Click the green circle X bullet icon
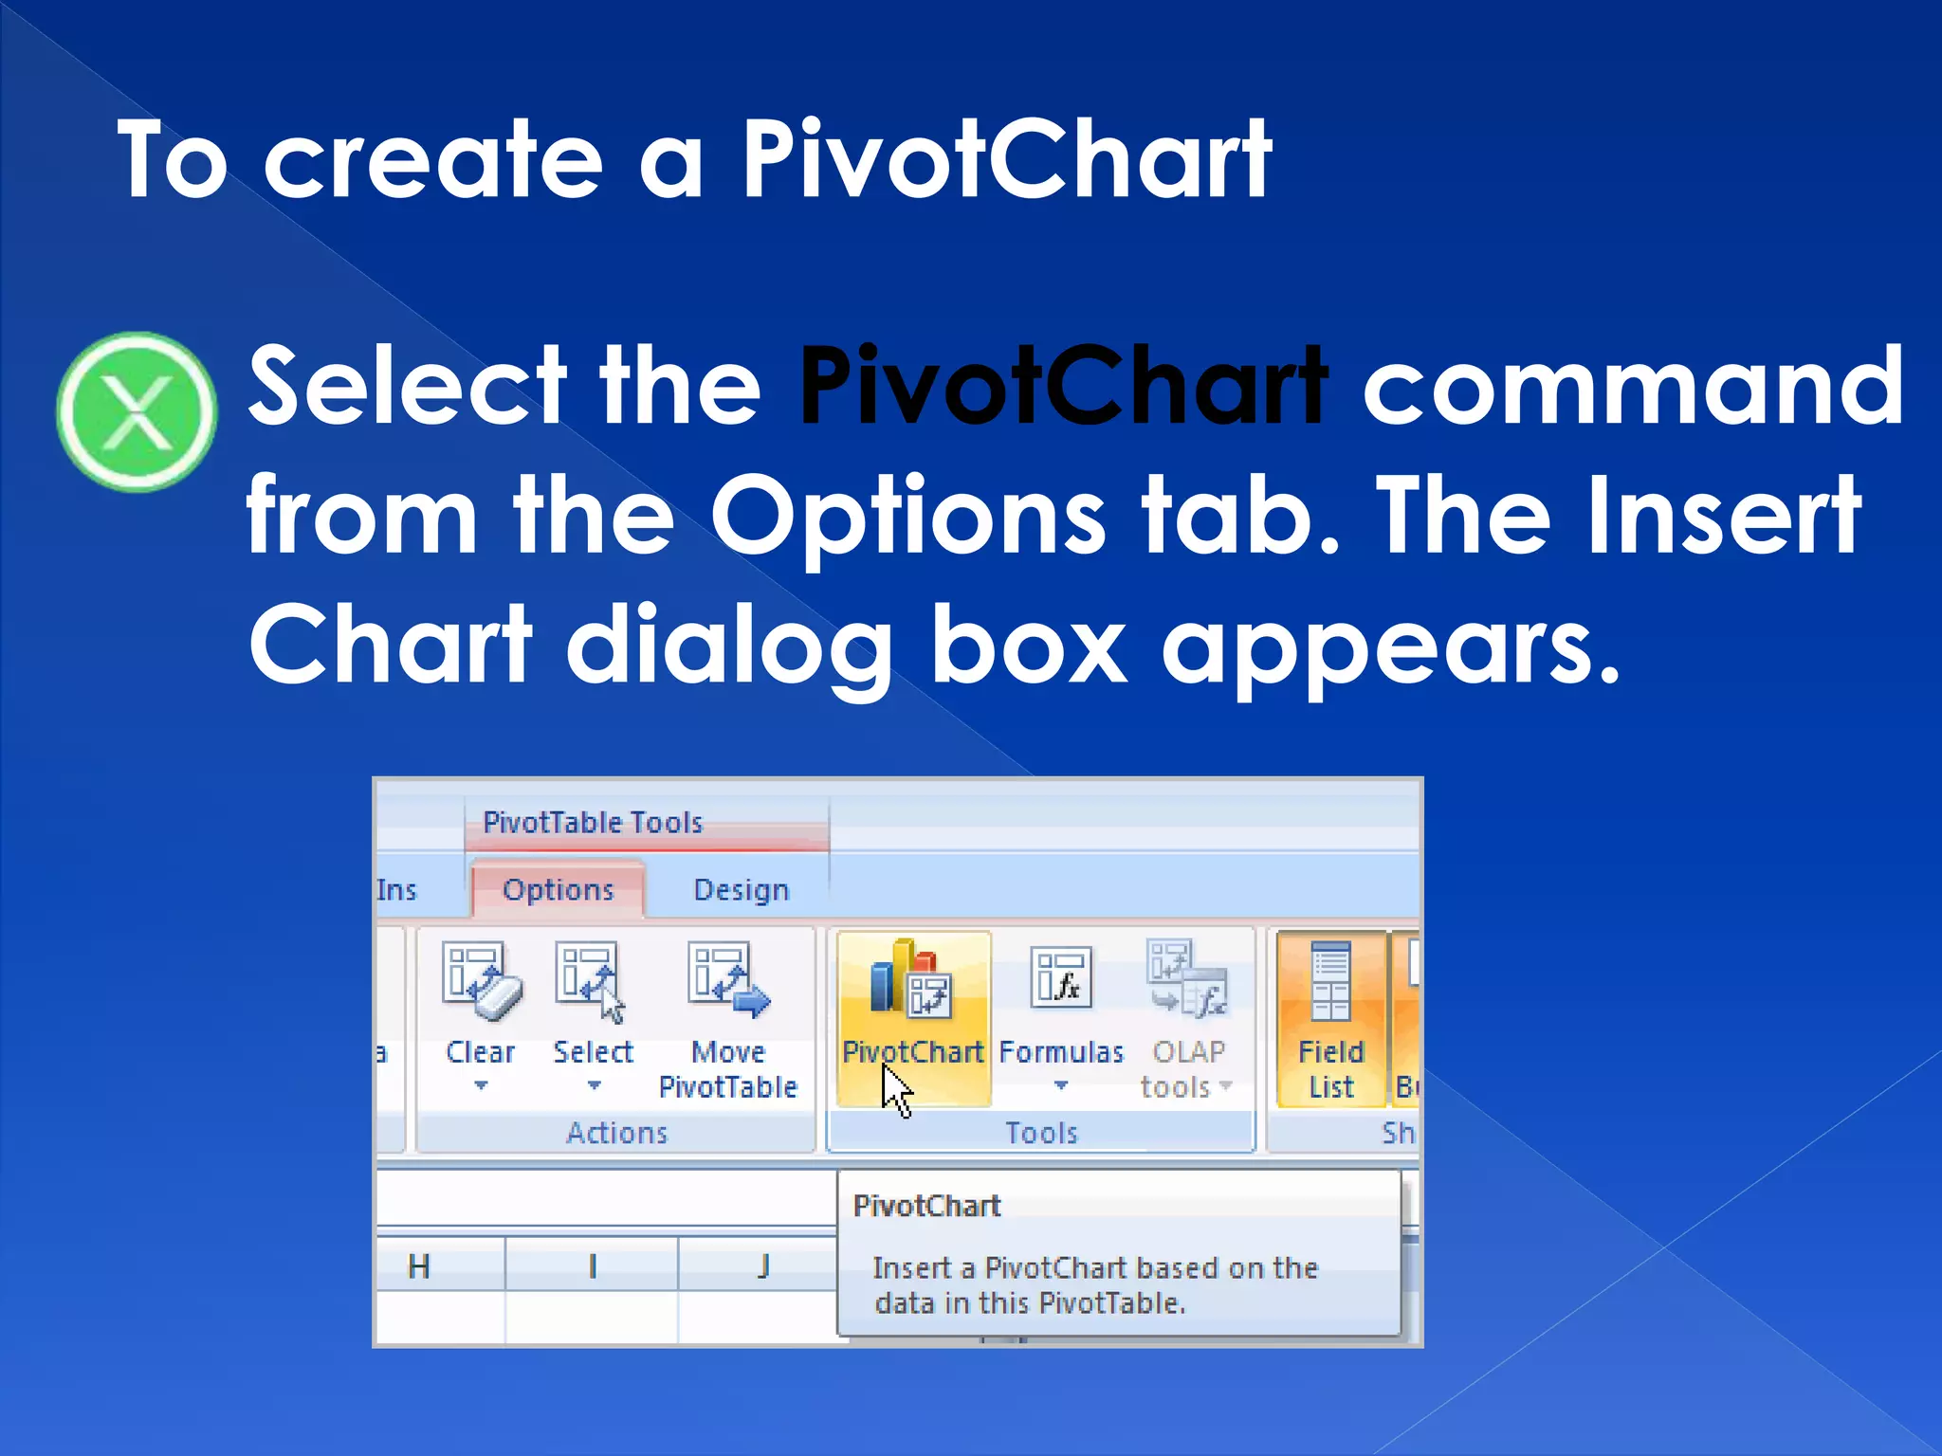[137, 411]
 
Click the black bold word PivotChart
[1062, 387]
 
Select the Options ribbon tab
[558, 889]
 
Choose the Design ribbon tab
[741, 889]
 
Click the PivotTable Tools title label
[593, 822]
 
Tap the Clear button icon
[481, 982]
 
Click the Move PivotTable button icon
[728, 982]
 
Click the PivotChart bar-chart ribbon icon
[910, 980]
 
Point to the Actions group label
[617, 1133]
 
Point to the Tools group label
[1041, 1133]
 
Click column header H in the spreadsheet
[419, 1266]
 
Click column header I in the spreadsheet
[593, 1266]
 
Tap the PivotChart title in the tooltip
[926, 1206]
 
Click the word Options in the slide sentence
[908, 517]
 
